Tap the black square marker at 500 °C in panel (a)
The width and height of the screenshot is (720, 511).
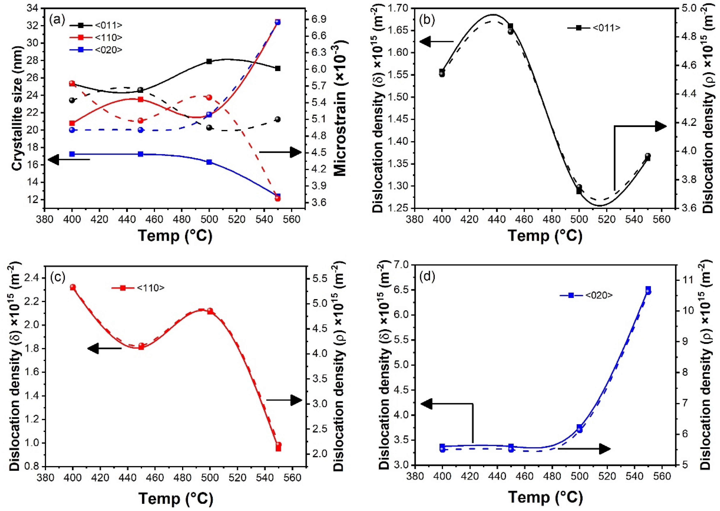(x=209, y=61)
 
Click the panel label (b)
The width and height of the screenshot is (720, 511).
(x=427, y=20)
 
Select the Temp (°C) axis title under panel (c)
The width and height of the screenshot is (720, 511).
(x=176, y=498)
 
